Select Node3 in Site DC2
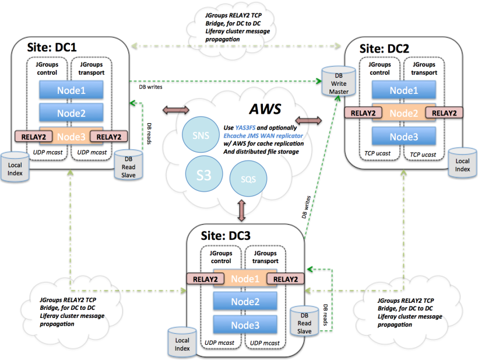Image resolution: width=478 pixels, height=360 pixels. (404, 136)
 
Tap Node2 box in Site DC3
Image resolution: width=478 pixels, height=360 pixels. (244, 301)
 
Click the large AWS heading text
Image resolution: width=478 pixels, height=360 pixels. (265, 109)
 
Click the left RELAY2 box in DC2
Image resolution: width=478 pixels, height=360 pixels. (362, 113)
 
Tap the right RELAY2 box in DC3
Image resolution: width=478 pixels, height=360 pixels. (286, 279)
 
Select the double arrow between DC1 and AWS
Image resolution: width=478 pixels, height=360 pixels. (175, 110)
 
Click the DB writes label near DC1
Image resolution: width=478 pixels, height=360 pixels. (150, 86)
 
